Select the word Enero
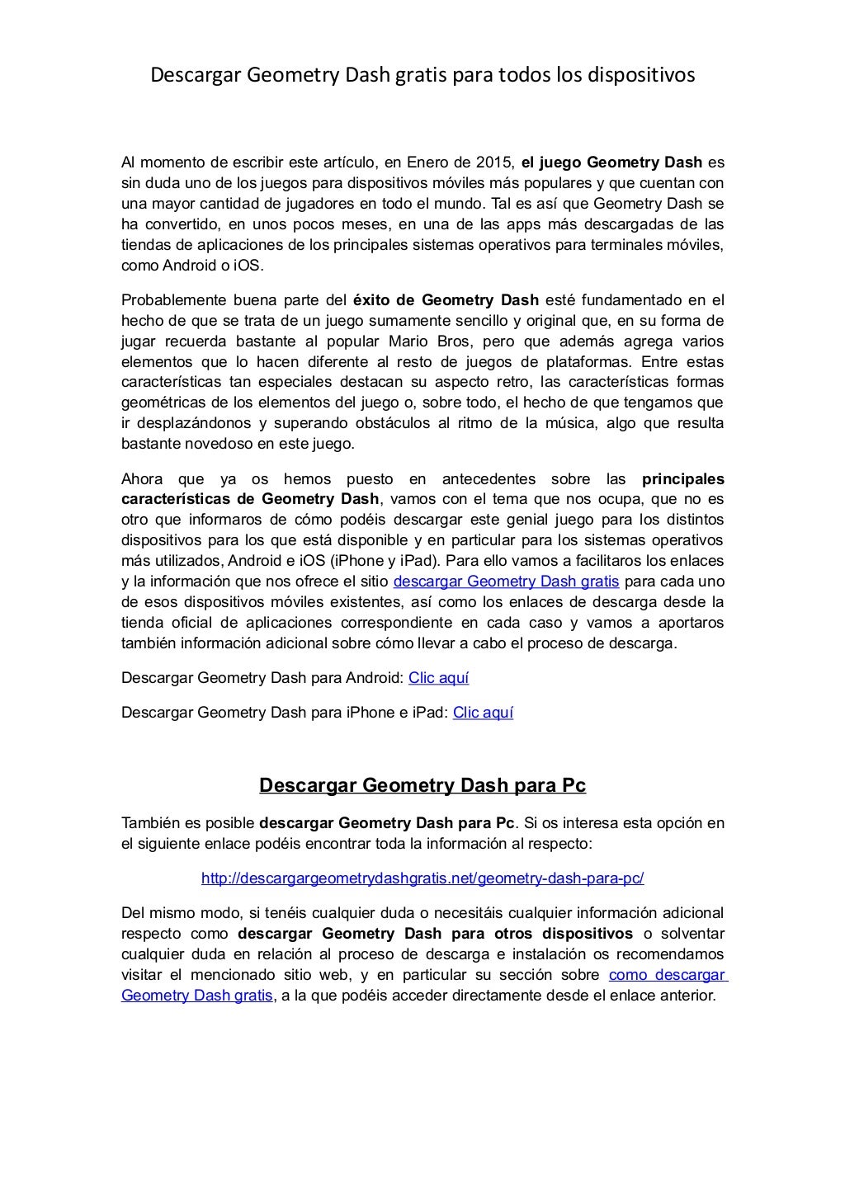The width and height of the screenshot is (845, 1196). [x=433, y=162]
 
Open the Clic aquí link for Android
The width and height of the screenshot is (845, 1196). [x=438, y=679]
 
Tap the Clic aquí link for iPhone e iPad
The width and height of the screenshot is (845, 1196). [x=483, y=713]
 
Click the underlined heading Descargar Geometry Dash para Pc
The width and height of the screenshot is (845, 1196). [x=422, y=785]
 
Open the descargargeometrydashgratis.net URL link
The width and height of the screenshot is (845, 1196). [x=422, y=878]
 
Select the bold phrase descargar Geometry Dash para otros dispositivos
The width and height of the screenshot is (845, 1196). [x=435, y=934]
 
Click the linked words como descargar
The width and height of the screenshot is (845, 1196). [x=667, y=975]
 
